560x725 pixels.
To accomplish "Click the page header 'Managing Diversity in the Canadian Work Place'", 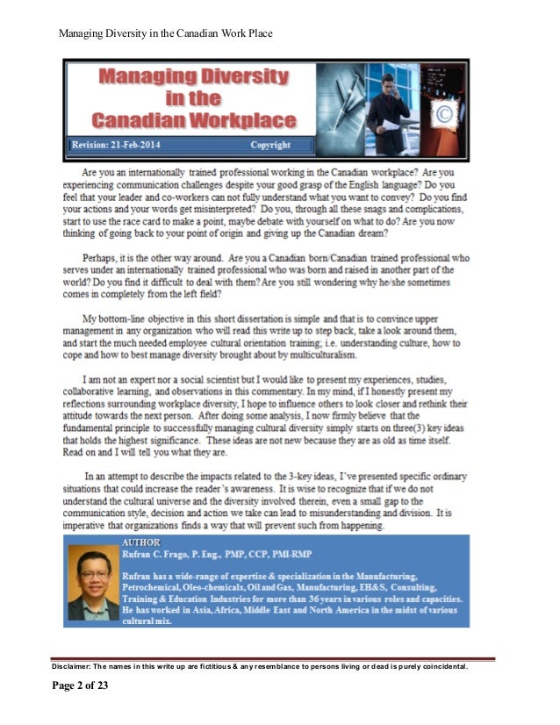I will click(x=165, y=34).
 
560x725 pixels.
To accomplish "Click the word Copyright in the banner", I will click(x=270, y=145).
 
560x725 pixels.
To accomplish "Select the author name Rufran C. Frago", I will click(x=166, y=556).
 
